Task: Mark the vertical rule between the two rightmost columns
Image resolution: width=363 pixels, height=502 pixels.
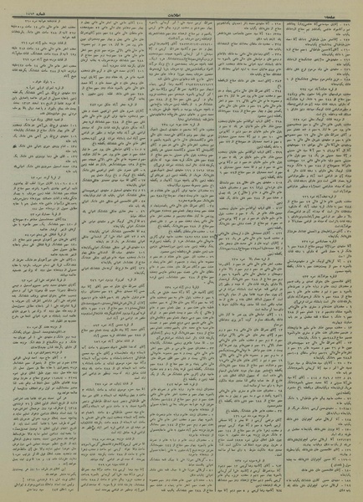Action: point(286,251)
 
